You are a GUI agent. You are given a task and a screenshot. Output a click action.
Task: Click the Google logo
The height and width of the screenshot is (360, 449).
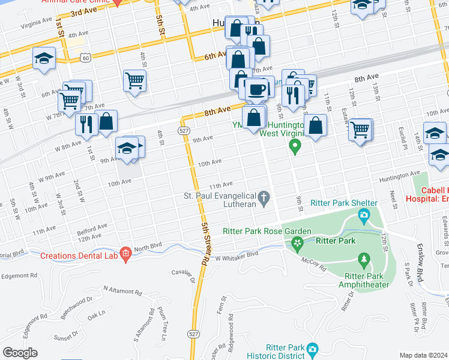pos(20,353)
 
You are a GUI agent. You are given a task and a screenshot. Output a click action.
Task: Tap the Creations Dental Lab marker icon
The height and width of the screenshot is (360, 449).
pos(125,255)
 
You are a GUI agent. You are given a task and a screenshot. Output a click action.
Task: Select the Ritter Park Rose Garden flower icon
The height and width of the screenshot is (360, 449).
pos(296,242)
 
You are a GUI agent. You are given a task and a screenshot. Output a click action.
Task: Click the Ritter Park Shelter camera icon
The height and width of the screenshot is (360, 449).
pos(363,215)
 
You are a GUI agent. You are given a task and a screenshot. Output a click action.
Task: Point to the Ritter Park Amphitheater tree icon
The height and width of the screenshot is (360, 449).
pos(363,260)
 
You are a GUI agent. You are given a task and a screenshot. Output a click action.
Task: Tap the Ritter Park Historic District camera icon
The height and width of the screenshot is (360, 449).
pos(312,349)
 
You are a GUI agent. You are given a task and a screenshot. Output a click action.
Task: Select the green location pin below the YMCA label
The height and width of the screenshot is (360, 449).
pos(295,146)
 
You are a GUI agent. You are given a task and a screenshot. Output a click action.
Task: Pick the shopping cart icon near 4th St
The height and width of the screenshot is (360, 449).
pos(135,80)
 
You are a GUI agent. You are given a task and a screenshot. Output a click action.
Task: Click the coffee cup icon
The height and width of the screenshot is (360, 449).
pos(256,89)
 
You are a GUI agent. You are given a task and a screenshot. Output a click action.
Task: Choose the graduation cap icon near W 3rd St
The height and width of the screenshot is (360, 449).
pos(44,58)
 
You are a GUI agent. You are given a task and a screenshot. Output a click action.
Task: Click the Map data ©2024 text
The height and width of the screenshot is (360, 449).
pos(423,355)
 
